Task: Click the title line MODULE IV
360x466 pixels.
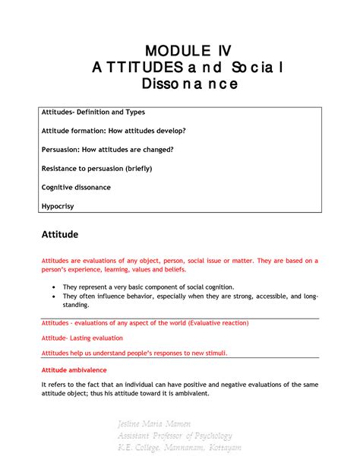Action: [180, 51]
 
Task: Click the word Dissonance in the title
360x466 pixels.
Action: [180, 84]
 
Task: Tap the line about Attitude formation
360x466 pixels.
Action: [112, 131]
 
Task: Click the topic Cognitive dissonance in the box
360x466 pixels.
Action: [76, 186]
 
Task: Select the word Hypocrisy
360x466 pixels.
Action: [59, 205]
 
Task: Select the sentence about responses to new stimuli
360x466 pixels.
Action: [134, 353]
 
